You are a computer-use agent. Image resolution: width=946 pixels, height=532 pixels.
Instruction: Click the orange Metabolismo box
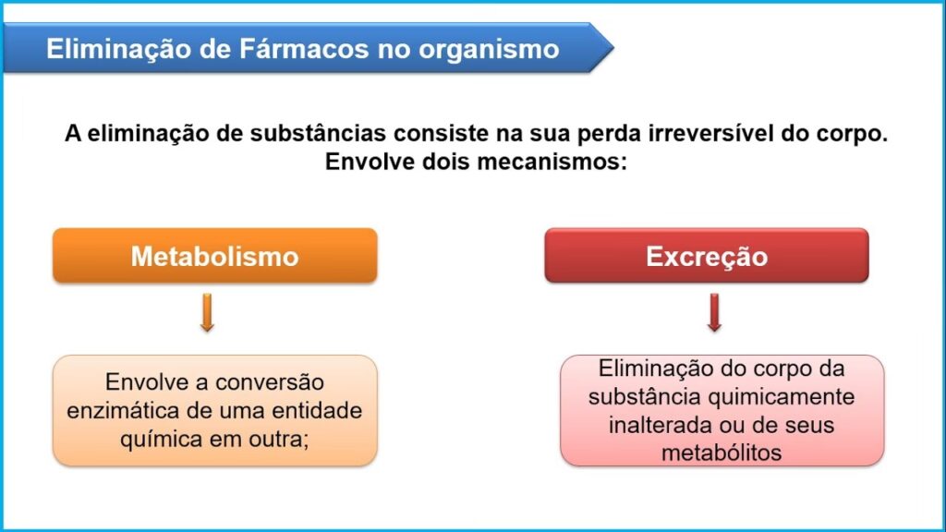[x=214, y=256]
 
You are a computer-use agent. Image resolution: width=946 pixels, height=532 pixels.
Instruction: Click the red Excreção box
[x=707, y=256]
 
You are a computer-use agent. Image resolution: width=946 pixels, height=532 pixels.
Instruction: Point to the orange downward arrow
[x=207, y=312]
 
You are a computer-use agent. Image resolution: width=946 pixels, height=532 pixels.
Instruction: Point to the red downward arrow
[x=714, y=312]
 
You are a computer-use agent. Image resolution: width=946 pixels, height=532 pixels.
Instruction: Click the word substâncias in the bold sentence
[x=318, y=133]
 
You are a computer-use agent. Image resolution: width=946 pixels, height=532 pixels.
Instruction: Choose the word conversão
[x=270, y=382]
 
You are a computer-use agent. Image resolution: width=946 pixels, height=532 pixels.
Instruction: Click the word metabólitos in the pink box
[x=722, y=453]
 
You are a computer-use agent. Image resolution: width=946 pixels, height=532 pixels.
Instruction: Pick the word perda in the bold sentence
[x=609, y=134]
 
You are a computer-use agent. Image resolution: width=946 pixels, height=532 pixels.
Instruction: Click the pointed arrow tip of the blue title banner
[x=613, y=47]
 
